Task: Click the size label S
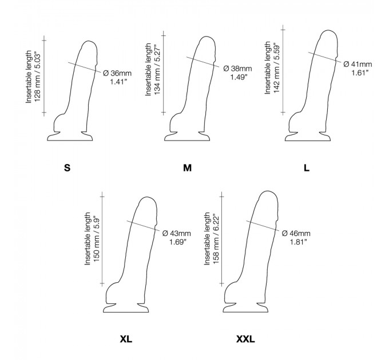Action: [68, 168]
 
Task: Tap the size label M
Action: [187, 168]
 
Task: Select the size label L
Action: [307, 168]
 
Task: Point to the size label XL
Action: [126, 339]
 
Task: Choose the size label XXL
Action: [245, 339]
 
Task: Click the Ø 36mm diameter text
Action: [117, 73]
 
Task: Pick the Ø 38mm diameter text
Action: [237, 69]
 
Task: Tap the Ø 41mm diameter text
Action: [358, 64]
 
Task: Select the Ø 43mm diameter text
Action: [177, 233]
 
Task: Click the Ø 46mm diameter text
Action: [296, 233]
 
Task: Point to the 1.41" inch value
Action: [118, 82]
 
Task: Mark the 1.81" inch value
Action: [299, 242]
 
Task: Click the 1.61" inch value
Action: [360, 73]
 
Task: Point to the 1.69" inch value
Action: [178, 242]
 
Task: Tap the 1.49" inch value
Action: [239, 77]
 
